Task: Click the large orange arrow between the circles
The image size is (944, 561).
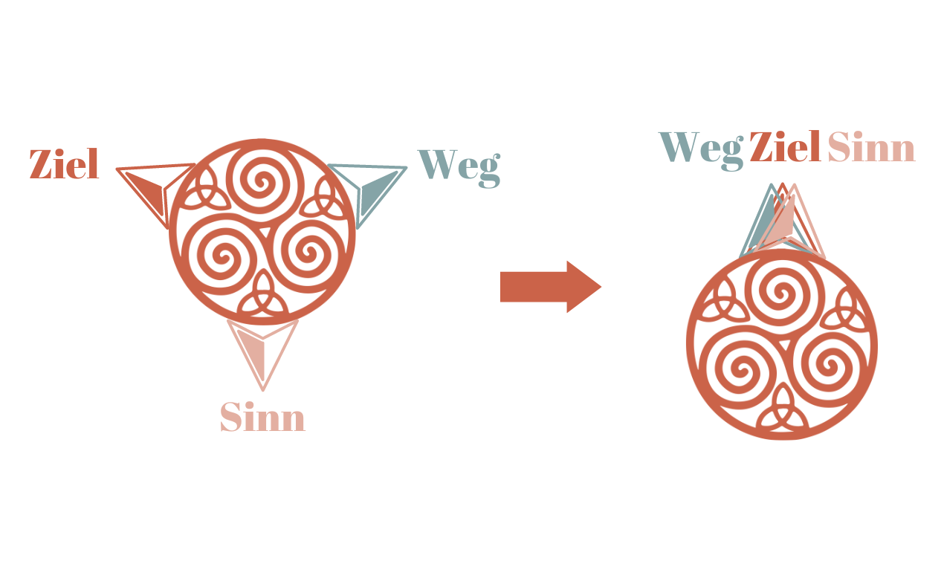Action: tap(550, 287)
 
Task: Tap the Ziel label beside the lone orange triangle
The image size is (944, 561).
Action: tap(64, 165)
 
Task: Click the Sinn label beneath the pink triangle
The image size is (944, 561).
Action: tap(262, 418)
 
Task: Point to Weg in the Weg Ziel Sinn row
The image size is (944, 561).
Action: tap(701, 148)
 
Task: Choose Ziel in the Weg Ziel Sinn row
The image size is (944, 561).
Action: tap(785, 147)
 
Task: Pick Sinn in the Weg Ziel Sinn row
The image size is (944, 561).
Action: tap(870, 148)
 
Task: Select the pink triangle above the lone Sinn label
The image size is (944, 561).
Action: tap(262, 348)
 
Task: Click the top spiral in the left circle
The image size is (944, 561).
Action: tap(262, 180)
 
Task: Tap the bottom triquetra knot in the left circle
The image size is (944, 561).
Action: tap(262, 296)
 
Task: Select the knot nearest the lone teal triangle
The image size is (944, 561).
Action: tap(324, 195)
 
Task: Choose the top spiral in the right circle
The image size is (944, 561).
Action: tap(782, 291)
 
